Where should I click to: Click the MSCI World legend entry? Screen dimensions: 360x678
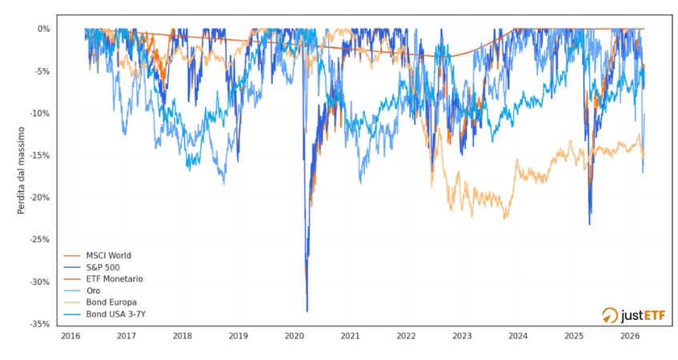[x=108, y=256]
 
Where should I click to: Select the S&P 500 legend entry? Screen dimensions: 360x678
[x=105, y=267]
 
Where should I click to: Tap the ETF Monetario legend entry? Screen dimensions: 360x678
[x=113, y=279]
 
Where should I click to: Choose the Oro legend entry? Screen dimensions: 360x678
[x=94, y=291]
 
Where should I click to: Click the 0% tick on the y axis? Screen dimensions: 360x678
[x=44, y=29]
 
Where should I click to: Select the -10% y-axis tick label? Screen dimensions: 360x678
[x=40, y=114]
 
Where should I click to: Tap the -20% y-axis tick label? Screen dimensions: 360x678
[x=40, y=198]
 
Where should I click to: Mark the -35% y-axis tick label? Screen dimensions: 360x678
[x=40, y=324]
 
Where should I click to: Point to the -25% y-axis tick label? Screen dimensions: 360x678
[x=40, y=239]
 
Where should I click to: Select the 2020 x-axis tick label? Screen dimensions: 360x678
[x=294, y=336]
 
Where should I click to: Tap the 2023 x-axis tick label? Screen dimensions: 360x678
[x=462, y=336]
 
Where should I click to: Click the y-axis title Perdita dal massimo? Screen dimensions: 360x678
[x=22, y=170]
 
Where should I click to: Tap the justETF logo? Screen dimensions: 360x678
[x=633, y=315]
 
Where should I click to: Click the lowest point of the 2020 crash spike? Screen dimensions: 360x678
[x=307, y=311]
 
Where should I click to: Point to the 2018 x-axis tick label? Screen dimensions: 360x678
[x=182, y=336]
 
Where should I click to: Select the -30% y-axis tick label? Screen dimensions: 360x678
[x=40, y=282]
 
